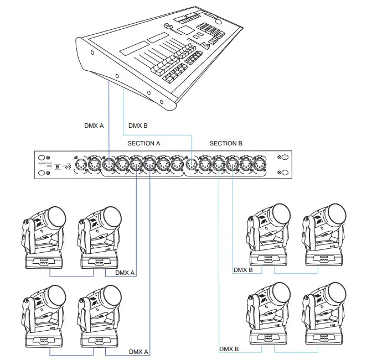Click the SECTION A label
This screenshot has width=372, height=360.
point(144,143)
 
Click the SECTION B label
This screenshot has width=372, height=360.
point(226,143)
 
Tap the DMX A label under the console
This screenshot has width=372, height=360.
point(94,126)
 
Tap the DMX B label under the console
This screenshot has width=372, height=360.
point(138,126)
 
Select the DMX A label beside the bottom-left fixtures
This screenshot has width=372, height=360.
point(139,352)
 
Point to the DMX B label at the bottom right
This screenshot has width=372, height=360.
point(229,349)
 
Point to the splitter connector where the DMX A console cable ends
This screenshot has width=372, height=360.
point(108,164)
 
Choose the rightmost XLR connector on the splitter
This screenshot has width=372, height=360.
point(272,164)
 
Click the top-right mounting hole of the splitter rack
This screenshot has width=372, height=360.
point(287,156)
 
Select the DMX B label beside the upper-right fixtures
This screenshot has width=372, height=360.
point(243,270)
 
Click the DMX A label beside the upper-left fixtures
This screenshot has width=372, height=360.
point(125,273)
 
